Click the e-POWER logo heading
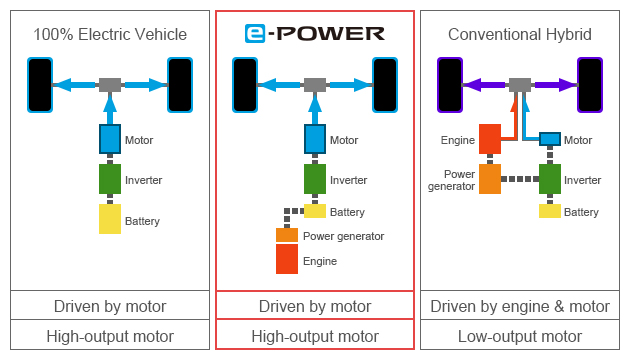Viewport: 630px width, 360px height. pos(314,34)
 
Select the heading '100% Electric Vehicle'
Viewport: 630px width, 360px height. pos(109,34)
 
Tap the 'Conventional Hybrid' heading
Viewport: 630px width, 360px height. pos(519,34)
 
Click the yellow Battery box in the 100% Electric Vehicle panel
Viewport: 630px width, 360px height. pos(110,219)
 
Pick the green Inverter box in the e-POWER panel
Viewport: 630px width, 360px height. pos(315,179)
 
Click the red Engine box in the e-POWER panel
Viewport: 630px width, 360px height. pos(287,259)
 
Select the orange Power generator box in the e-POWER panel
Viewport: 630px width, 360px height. pos(287,235)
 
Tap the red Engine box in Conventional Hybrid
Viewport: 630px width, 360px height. pos(489,139)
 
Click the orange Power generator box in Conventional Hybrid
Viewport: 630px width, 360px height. pos(489,179)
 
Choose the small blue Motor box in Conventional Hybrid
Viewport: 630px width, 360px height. pos(549,139)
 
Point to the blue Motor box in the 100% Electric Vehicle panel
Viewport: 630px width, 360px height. pos(110,139)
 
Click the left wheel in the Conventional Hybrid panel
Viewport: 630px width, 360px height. pos(450,85)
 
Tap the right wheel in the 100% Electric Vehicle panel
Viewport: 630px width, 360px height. pos(180,85)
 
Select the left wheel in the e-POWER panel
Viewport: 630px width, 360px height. pos(245,85)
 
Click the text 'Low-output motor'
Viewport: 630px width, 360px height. pos(519,336)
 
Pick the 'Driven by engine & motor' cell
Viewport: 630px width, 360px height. pos(519,306)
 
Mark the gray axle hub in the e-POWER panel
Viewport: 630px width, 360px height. pos(315,85)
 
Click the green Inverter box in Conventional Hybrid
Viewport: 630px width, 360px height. pos(549,179)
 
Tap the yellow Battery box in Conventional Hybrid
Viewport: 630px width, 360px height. pos(549,211)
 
